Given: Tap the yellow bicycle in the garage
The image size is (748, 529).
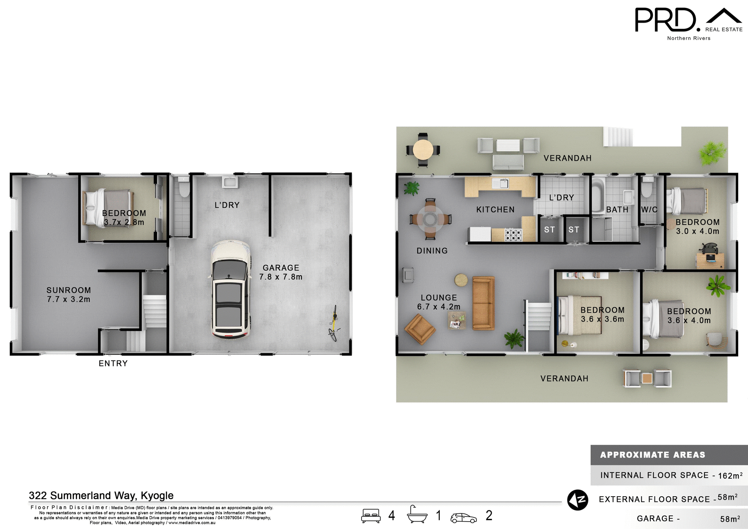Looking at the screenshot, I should (333, 324).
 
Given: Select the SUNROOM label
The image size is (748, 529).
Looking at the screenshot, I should (69, 290).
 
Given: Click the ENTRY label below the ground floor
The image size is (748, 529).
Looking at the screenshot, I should (113, 363).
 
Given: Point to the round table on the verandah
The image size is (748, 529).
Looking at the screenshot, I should (423, 150).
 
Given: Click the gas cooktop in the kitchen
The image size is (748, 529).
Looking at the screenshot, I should (513, 235).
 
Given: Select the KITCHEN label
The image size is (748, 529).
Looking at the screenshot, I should (495, 210).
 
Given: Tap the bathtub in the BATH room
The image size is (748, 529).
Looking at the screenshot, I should (598, 195).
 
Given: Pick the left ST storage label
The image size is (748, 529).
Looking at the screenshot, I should (549, 230).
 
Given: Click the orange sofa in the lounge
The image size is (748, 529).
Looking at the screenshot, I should (483, 303).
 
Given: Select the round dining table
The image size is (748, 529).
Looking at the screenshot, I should (430, 219).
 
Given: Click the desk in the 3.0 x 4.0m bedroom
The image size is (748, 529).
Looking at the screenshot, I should (710, 260).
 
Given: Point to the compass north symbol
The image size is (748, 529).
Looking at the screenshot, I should (577, 500).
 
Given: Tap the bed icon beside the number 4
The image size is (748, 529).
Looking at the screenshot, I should (370, 515).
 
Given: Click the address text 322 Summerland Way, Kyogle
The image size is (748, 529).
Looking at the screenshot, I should (101, 495).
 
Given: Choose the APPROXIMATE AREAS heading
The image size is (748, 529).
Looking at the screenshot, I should (653, 455).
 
